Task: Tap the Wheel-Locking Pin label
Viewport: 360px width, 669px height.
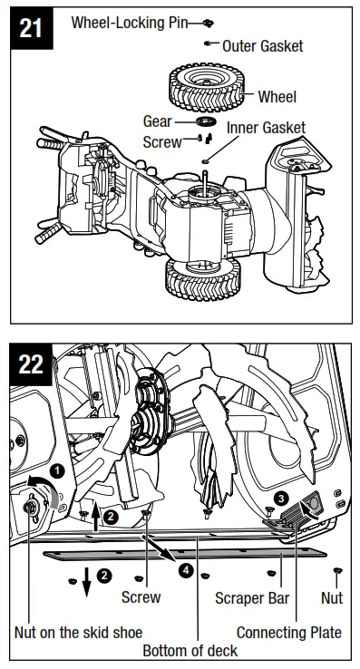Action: pyautogui.click(x=129, y=22)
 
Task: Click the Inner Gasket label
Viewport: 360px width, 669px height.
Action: pyautogui.click(x=266, y=128)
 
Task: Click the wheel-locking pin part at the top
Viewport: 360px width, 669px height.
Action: pyautogui.click(x=207, y=22)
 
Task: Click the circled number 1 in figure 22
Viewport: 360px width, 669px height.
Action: pyautogui.click(x=55, y=470)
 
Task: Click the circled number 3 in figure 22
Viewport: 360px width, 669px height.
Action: pyautogui.click(x=282, y=498)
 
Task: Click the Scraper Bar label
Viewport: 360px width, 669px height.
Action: pyautogui.click(x=250, y=598)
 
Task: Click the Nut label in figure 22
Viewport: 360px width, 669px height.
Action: pyautogui.click(x=332, y=598)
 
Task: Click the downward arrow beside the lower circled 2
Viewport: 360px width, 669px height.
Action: pyautogui.click(x=86, y=580)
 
